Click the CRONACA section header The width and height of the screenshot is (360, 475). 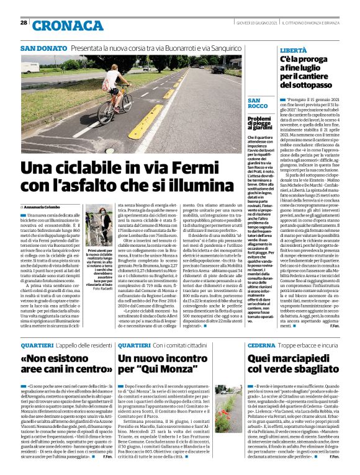pyautogui.click(x=68, y=25)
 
